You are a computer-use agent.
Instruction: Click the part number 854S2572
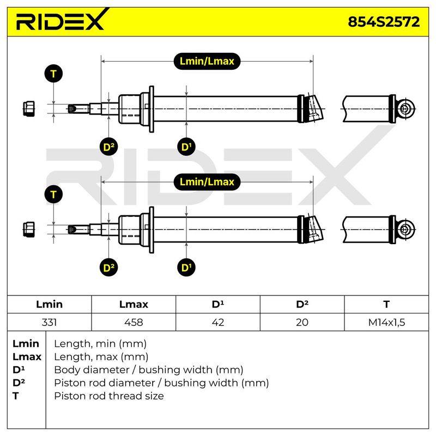(x=384, y=22)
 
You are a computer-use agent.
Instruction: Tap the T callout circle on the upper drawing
(x=53, y=74)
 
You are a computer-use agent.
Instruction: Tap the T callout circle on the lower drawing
(x=53, y=195)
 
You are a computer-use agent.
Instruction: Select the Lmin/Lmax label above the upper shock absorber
(x=207, y=61)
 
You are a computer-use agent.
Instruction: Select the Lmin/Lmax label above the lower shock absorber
(x=207, y=182)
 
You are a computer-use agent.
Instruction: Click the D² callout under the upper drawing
(x=108, y=147)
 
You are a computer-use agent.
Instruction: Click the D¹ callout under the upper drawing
(x=186, y=147)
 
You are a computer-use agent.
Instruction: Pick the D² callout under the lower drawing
(x=108, y=268)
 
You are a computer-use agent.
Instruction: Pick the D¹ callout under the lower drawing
(x=186, y=268)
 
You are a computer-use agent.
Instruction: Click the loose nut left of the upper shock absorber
(x=29, y=108)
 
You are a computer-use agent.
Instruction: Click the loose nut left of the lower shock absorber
(x=29, y=229)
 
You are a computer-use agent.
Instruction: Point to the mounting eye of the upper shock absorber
(x=406, y=108)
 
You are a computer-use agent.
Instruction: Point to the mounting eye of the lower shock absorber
(x=406, y=229)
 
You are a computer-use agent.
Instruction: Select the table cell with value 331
(x=49, y=322)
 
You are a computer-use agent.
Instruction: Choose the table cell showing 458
(x=134, y=322)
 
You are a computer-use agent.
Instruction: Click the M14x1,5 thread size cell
(x=386, y=322)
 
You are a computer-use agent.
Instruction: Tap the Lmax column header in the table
(x=134, y=304)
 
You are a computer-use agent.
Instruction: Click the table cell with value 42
(x=217, y=322)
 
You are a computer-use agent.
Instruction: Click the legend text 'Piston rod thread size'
(x=109, y=396)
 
